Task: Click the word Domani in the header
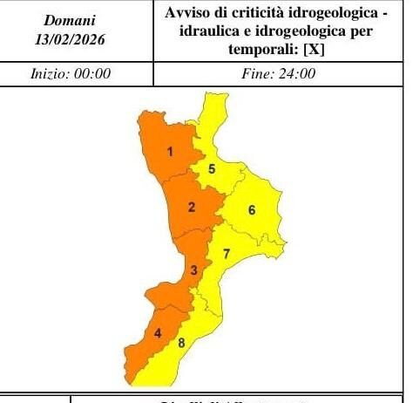[71, 19]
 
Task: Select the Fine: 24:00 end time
[278, 74]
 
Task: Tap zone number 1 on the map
[171, 153]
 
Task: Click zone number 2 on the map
[191, 207]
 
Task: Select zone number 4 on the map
[158, 332]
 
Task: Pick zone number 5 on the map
[212, 168]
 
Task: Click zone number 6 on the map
[251, 209]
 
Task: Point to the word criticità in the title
[254, 13]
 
